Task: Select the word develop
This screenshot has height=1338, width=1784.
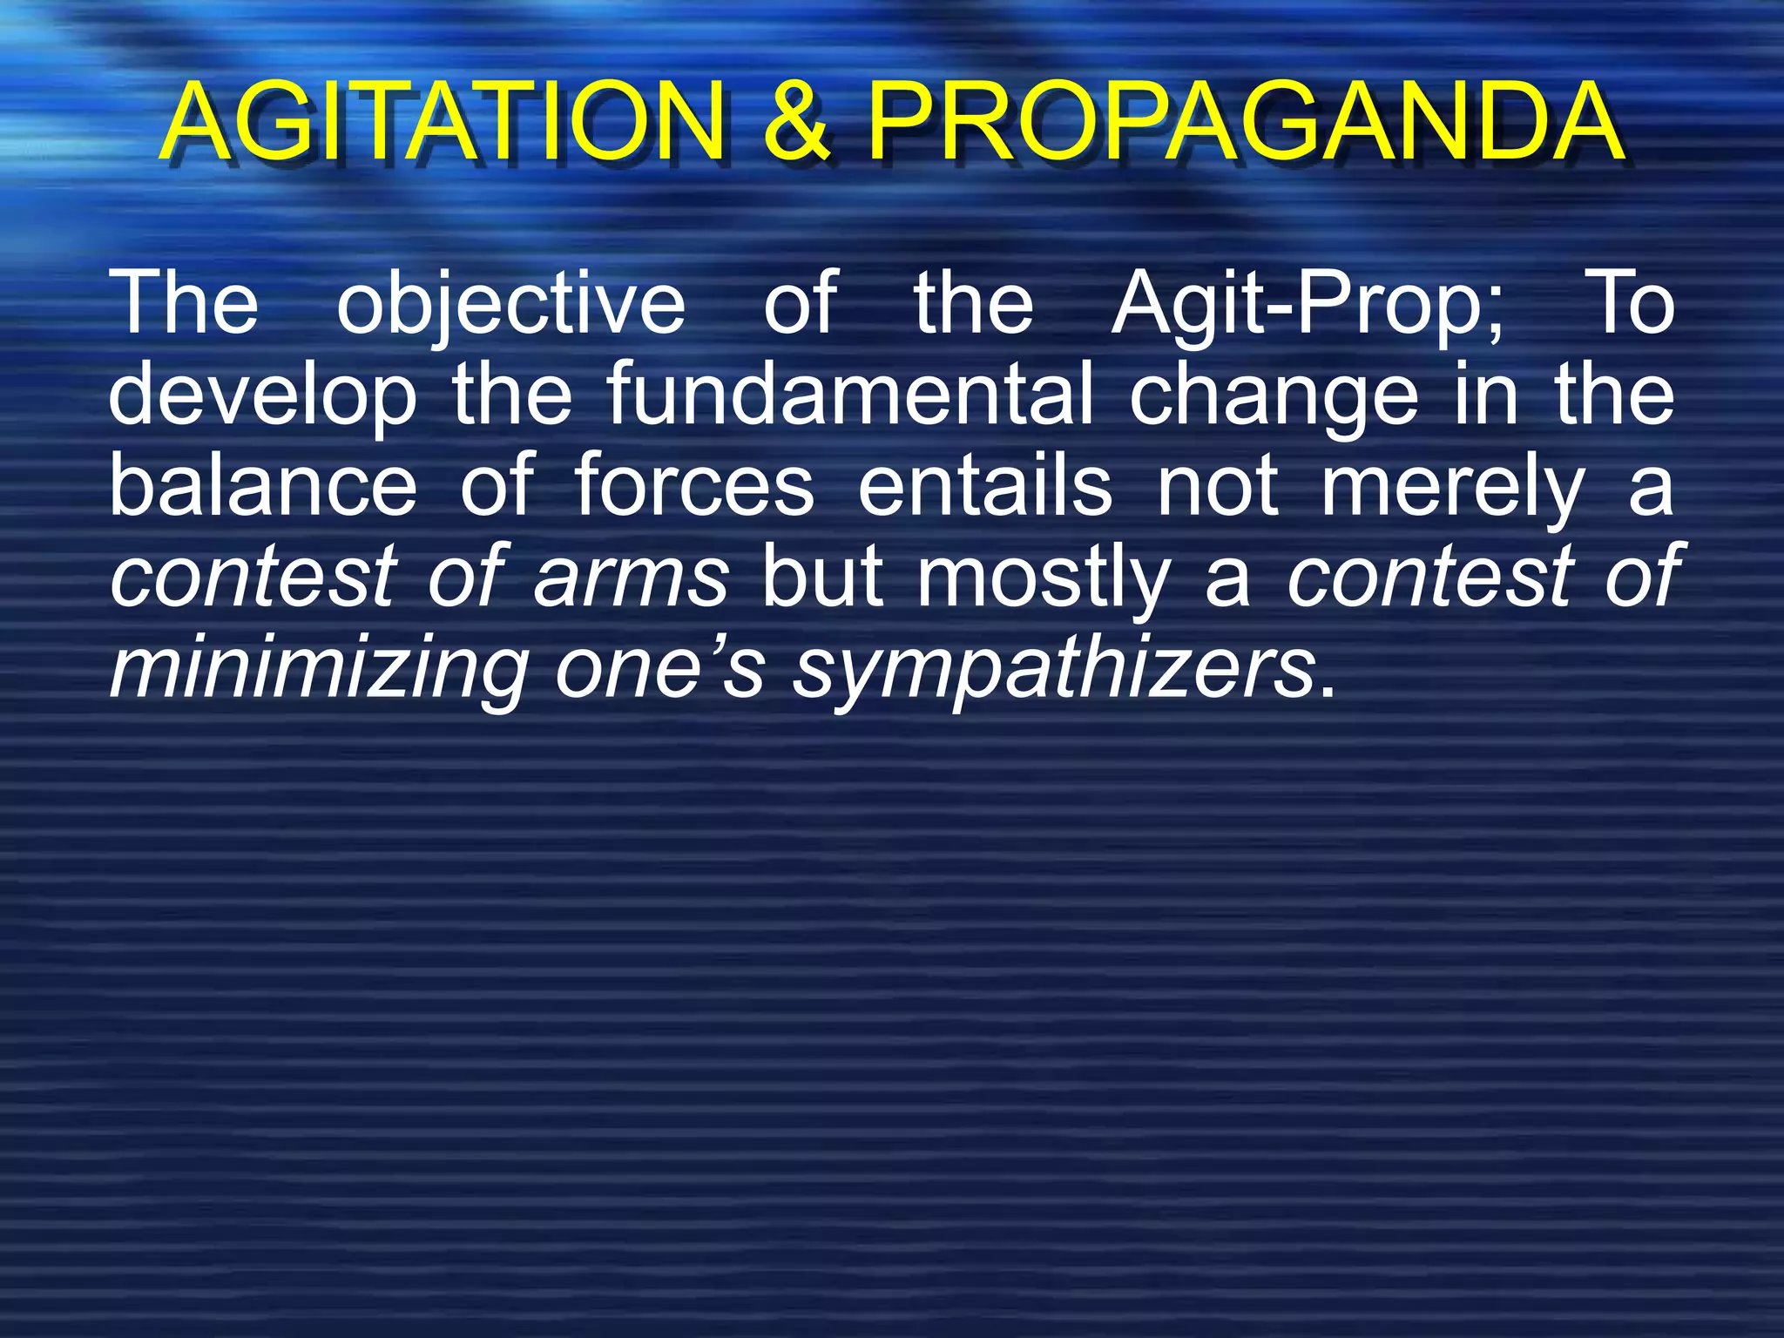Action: click(262, 397)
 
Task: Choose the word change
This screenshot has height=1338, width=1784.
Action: click(1273, 397)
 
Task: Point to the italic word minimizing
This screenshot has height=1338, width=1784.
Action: click(319, 669)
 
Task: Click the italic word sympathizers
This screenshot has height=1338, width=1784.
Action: click(1054, 669)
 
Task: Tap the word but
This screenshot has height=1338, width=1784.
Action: click(821, 577)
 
